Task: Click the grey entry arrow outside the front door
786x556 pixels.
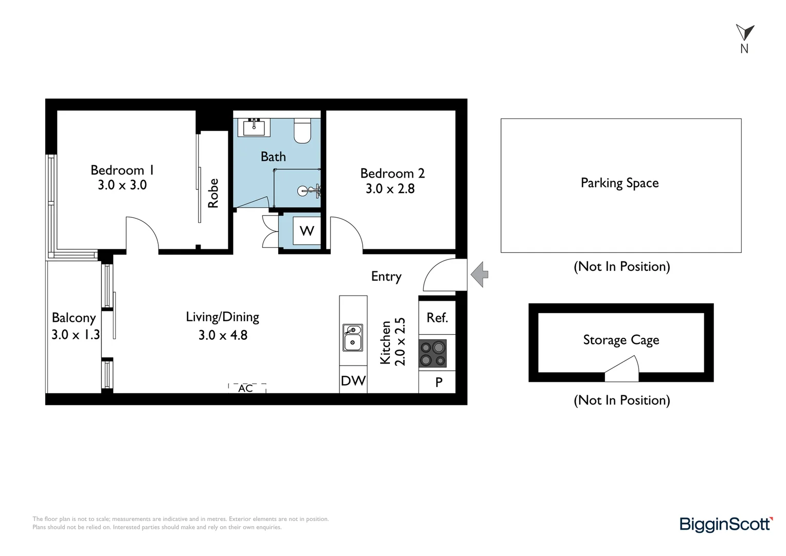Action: [x=479, y=274]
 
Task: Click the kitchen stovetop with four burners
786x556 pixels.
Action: [x=432, y=353]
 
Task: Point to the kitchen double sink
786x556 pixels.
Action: [x=353, y=338]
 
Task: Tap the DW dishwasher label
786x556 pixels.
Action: [x=353, y=381]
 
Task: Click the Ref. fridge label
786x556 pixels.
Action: [x=437, y=318]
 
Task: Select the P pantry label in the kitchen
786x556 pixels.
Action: [x=439, y=382]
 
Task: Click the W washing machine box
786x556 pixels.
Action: [x=307, y=231]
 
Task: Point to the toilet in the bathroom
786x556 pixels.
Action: [x=302, y=131]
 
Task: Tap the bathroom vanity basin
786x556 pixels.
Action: [x=254, y=127]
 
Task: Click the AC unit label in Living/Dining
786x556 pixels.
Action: [x=245, y=388]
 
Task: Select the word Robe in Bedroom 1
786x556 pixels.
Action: [x=213, y=193]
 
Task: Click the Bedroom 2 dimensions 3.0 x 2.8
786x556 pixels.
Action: [x=390, y=189]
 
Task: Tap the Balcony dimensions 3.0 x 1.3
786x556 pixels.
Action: [x=76, y=335]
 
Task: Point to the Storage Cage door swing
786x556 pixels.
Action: [x=621, y=369]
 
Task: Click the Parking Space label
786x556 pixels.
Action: [x=620, y=183]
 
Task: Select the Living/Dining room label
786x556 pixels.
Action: [x=222, y=317]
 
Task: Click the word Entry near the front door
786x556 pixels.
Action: [x=386, y=276]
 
